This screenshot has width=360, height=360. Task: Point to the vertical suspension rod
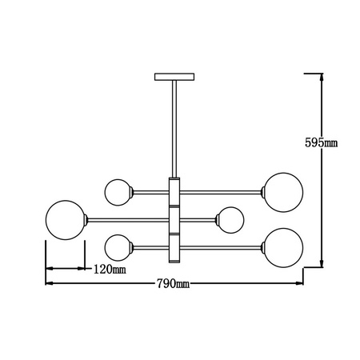click(x=173, y=128)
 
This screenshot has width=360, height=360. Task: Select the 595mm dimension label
click(x=322, y=143)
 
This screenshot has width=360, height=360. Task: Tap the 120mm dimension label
click(x=110, y=269)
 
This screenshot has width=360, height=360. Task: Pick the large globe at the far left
click(x=66, y=219)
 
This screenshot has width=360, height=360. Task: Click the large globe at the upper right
click(x=284, y=192)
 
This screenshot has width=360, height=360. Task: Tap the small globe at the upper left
click(x=118, y=192)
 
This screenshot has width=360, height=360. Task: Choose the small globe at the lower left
click(x=118, y=246)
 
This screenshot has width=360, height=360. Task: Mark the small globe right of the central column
click(x=230, y=219)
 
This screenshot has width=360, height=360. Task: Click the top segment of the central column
click(x=174, y=192)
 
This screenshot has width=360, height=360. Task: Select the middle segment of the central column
click(x=174, y=219)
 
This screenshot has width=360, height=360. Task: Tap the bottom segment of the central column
click(x=174, y=246)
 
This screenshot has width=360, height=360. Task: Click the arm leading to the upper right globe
click(x=224, y=192)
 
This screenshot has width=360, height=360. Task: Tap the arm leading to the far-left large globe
click(x=128, y=219)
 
